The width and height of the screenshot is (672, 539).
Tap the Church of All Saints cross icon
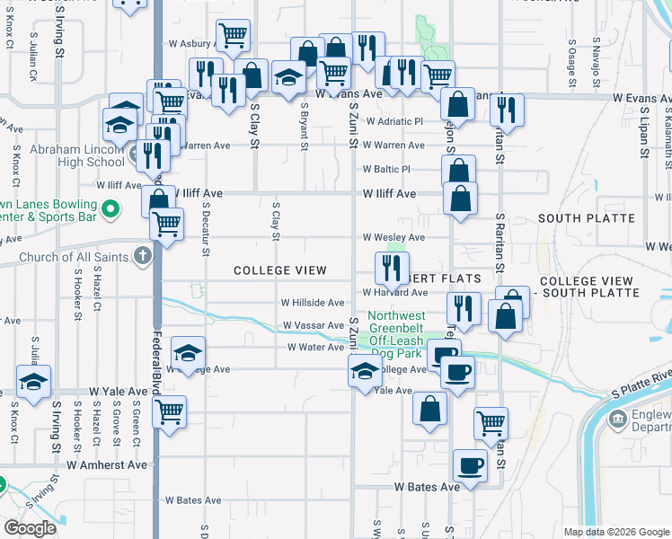pos(141,257)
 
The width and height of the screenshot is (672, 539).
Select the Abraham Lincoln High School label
pos(78,156)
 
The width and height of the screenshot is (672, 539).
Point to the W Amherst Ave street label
pos(107,465)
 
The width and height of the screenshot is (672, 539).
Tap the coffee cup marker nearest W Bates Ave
pos(470,466)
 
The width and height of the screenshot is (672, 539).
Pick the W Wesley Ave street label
pos(393,237)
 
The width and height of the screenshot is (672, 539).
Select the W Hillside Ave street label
pos(313,304)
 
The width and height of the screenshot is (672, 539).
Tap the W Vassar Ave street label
pos(313,325)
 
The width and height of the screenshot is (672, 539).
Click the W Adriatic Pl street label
pos(393,121)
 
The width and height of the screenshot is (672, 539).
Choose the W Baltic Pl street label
pos(386,169)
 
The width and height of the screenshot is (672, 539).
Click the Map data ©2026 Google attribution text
pos(615,532)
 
